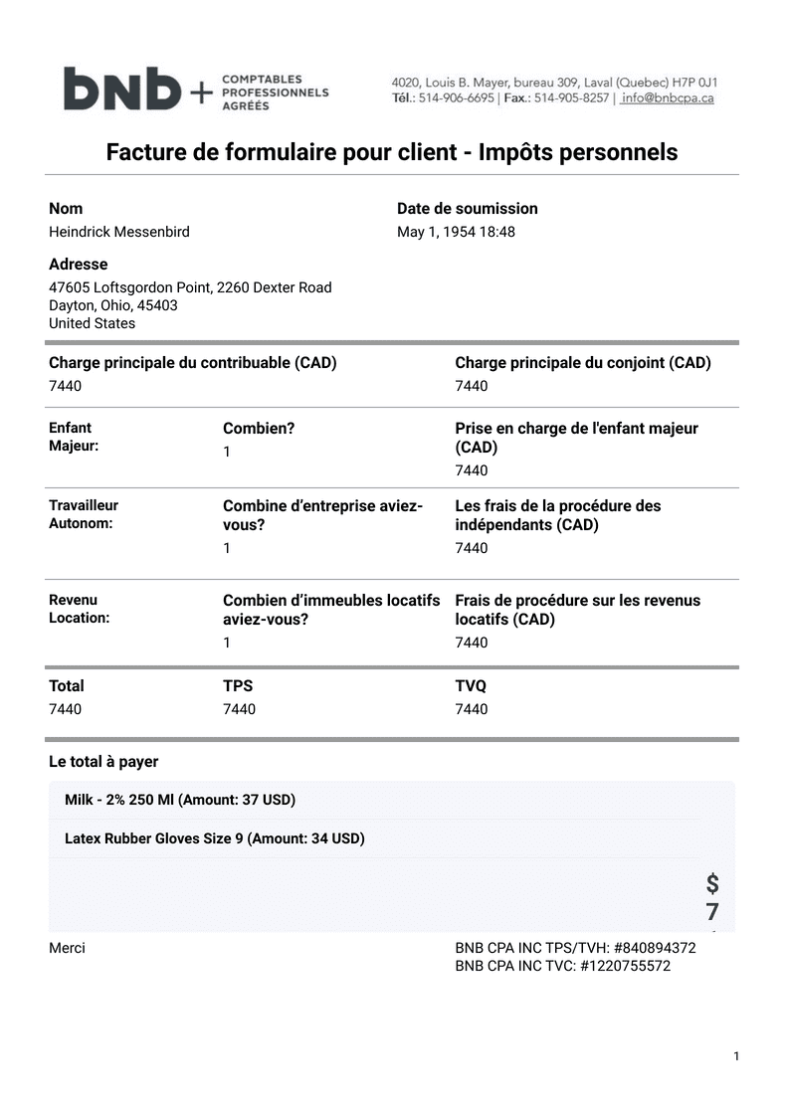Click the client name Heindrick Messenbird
[119, 232]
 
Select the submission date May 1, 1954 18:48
[456, 232]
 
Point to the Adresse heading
[79, 265]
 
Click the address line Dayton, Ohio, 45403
[113, 305]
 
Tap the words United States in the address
[93, 323]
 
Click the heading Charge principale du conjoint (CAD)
[583, 363]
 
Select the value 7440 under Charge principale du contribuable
[66, 386]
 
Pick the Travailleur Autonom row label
[84, 514]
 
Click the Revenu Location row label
[80, 609]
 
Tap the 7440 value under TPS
[239, 709]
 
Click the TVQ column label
[471, 686]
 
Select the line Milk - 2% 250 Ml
[180, 800]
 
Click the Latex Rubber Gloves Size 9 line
[215, 838]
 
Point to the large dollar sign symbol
[712, 883]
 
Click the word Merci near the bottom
[68, 948]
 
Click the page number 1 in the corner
[736, 1056]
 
